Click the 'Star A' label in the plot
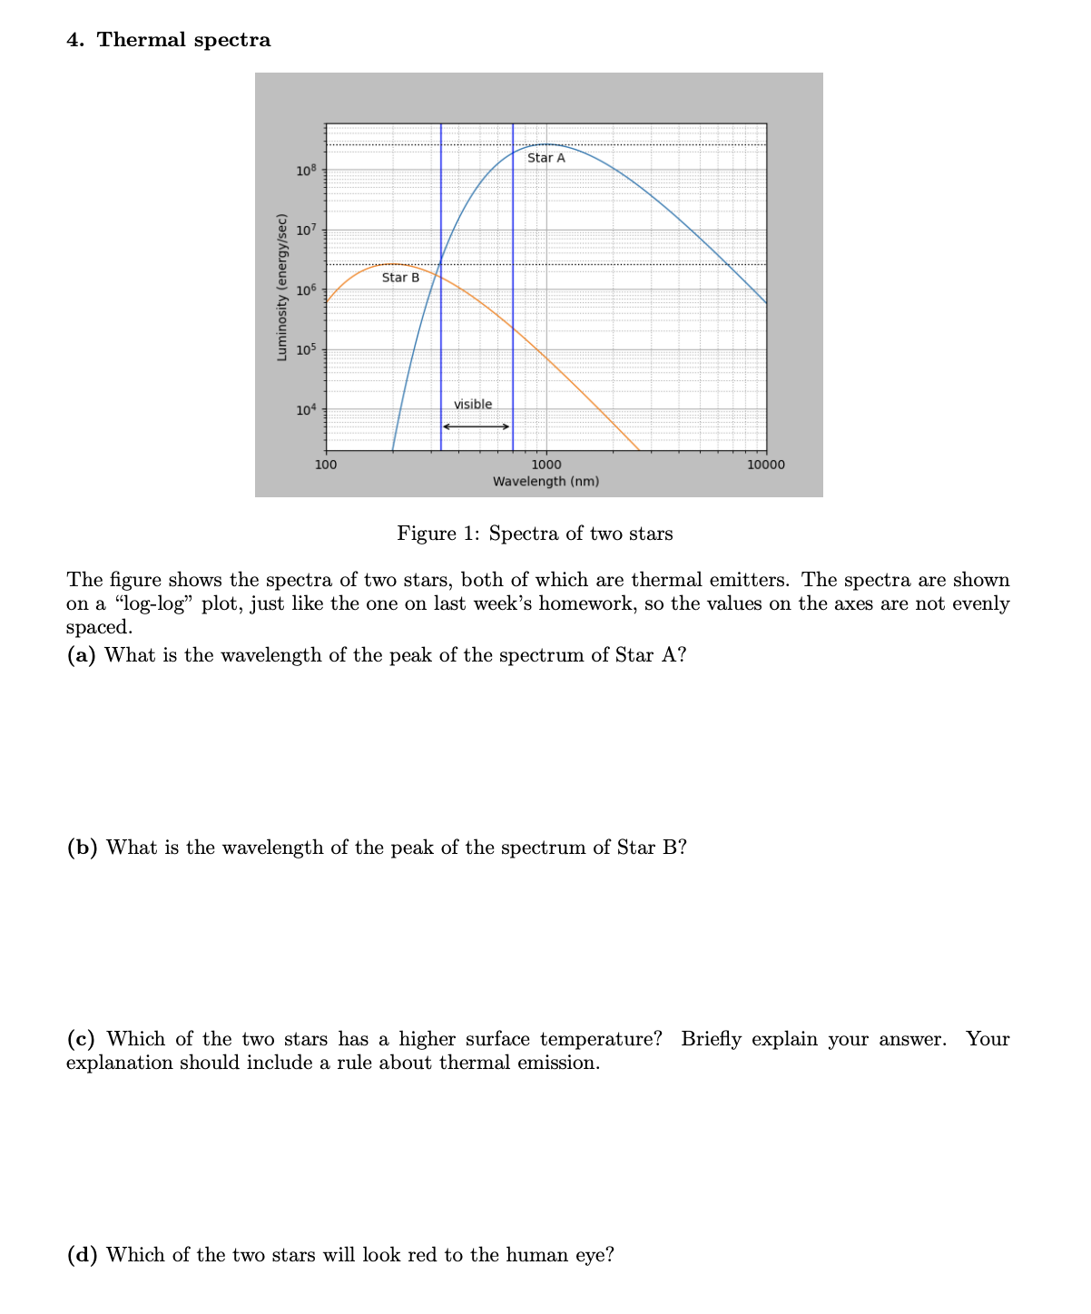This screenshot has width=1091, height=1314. [545, 158]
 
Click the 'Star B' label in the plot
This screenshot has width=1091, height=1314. [400, 278]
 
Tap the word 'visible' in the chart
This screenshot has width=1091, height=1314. [473, 405]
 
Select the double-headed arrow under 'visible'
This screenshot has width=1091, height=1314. [477, 427]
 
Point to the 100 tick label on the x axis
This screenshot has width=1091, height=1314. [325, 465]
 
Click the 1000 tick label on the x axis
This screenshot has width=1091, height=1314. [545, 465]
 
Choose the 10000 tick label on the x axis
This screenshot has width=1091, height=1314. [766, 465]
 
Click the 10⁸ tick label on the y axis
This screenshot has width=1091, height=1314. [305, 171]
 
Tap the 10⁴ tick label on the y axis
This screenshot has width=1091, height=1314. [305, 410]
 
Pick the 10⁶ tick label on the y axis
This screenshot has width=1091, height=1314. [305, 290]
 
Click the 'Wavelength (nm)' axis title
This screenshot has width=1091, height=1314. [545, 481]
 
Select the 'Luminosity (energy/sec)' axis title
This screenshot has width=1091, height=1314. [282, 287]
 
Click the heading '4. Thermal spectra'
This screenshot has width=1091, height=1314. [169, 40]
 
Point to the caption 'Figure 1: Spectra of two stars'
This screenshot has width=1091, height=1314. [535, 534]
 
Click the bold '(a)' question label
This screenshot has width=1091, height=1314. [82, 655]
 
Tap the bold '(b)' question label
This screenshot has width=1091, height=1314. [83, 848]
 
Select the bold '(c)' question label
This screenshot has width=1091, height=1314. [82, 1039]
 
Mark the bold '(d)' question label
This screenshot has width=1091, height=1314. [83, 1255]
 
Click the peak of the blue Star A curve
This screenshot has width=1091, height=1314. [545, 144]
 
